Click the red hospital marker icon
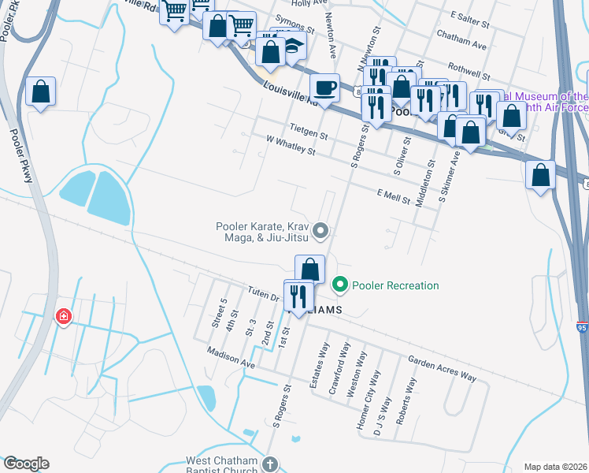63,317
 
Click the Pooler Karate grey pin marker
320,231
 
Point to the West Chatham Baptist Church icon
270,464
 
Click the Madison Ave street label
231,358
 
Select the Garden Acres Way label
442,368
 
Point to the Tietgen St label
308,131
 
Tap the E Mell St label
394,196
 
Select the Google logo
26,464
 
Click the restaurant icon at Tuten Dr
298,296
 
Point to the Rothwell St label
469,73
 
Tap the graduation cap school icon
294,46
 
